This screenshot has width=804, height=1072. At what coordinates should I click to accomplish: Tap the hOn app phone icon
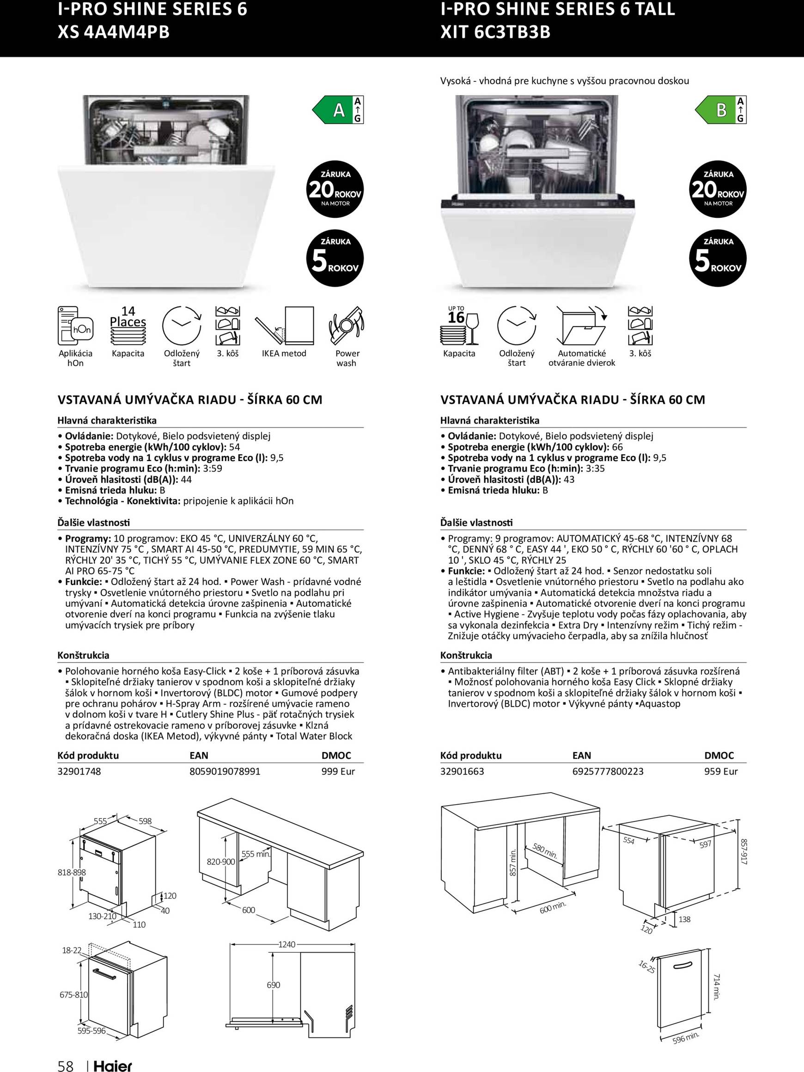(74, 325)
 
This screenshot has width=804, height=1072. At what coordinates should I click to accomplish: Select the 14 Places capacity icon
(128, 325)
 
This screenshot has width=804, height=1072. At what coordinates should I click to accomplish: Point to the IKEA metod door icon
(284, 325)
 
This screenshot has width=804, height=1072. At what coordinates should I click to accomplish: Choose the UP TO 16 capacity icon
(459, 325)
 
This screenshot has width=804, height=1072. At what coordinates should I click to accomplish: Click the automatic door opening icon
(581, 325)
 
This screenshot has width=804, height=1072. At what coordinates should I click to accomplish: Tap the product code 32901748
(79, 771)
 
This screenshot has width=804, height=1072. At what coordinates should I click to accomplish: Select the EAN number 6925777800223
(608, 771)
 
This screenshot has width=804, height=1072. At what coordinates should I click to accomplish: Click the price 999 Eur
(338, 771)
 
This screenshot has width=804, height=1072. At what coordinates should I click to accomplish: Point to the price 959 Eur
(721, 771)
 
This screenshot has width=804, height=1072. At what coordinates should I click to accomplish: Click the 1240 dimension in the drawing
(287, 944)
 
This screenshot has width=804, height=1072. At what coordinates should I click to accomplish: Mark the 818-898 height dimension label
(72, 872)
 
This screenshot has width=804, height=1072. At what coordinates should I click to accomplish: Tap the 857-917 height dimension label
(744, 851)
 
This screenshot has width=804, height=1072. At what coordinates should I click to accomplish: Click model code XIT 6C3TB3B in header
(495, 32)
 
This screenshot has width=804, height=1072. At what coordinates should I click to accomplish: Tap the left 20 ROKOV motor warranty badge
(335, 190)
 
